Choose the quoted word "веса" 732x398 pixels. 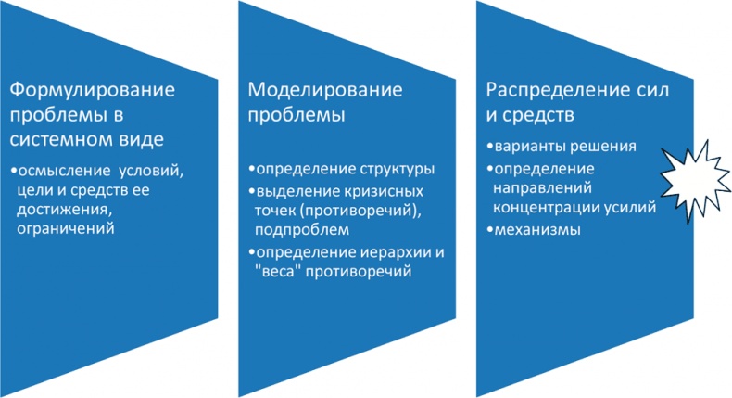(273, 271)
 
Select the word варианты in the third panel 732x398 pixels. (526, 148)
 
